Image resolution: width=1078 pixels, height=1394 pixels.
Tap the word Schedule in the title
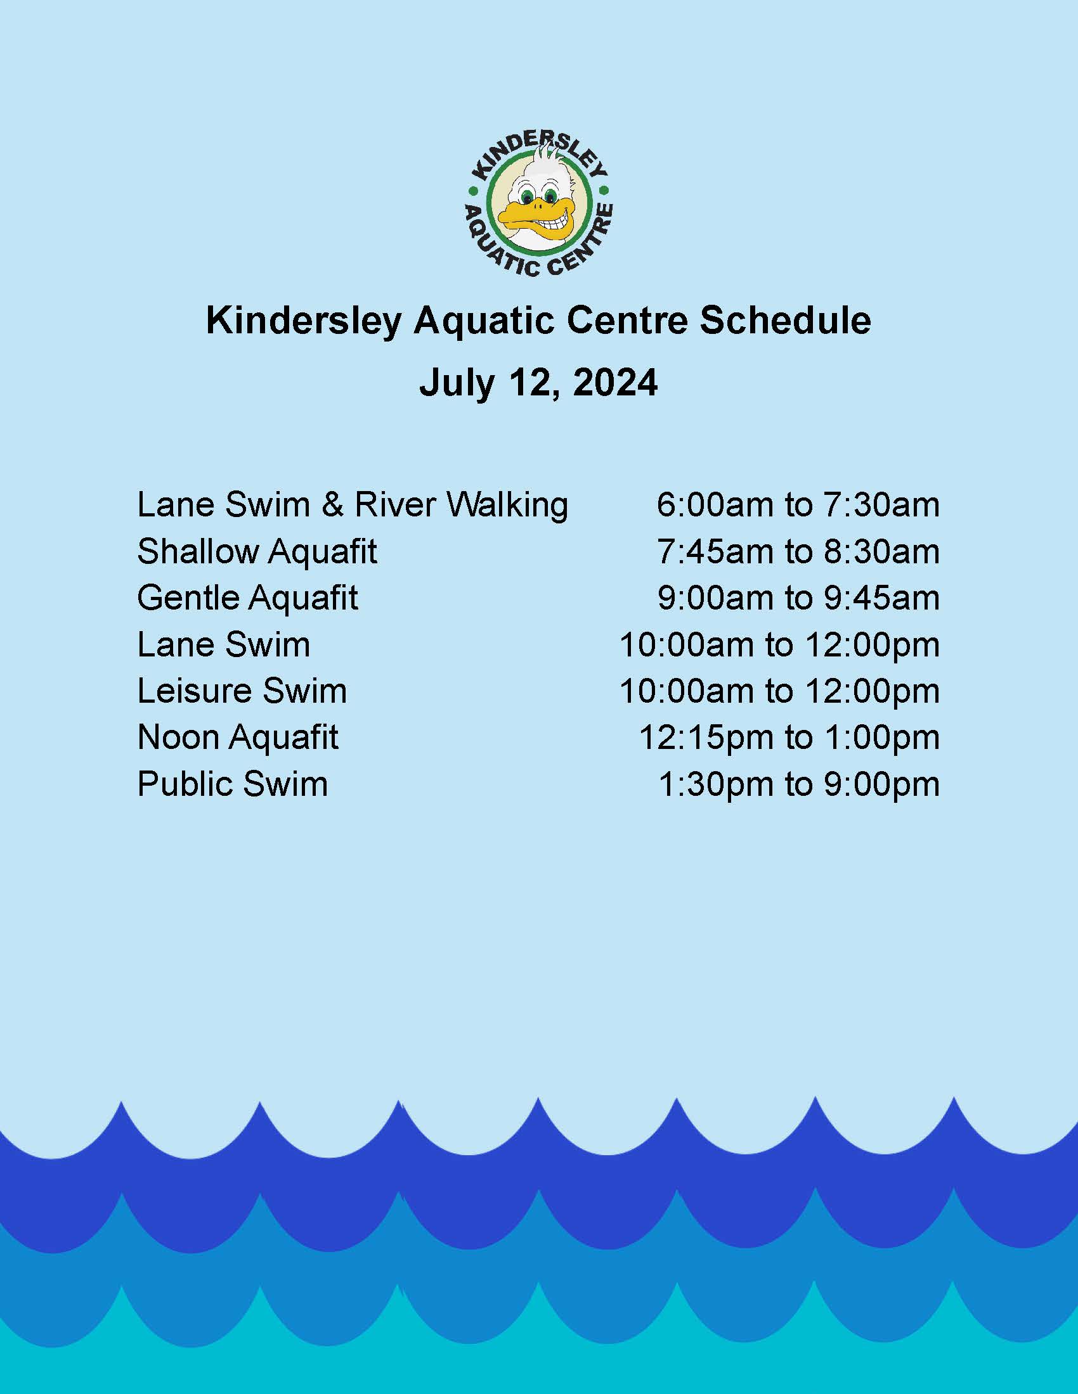[x=785, y=321]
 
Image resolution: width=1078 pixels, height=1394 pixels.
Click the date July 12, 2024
[x=538, y=383]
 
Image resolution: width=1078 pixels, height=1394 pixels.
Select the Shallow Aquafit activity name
[x=257, y=551]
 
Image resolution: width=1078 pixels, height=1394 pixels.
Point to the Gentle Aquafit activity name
[x=248, y=598]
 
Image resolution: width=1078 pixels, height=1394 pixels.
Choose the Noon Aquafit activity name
[x=238, y=737]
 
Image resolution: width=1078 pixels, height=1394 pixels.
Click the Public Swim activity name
[x=233, y=784]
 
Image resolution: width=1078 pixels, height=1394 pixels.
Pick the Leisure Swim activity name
[x=242, y=691]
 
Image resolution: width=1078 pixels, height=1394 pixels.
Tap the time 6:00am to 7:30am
[x=798, y=505]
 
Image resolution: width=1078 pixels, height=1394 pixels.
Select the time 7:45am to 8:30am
[x=798, y=551]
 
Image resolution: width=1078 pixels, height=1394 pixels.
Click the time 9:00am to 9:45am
[x=798, y=598]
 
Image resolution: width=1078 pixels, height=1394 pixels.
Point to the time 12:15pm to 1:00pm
[x=789, y=737]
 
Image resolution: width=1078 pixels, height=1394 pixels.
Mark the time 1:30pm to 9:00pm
[x=799, y=784]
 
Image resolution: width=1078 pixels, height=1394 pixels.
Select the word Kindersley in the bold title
[x=303, y=322]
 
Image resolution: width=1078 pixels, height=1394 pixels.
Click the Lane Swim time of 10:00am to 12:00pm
[x=780, y=644]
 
